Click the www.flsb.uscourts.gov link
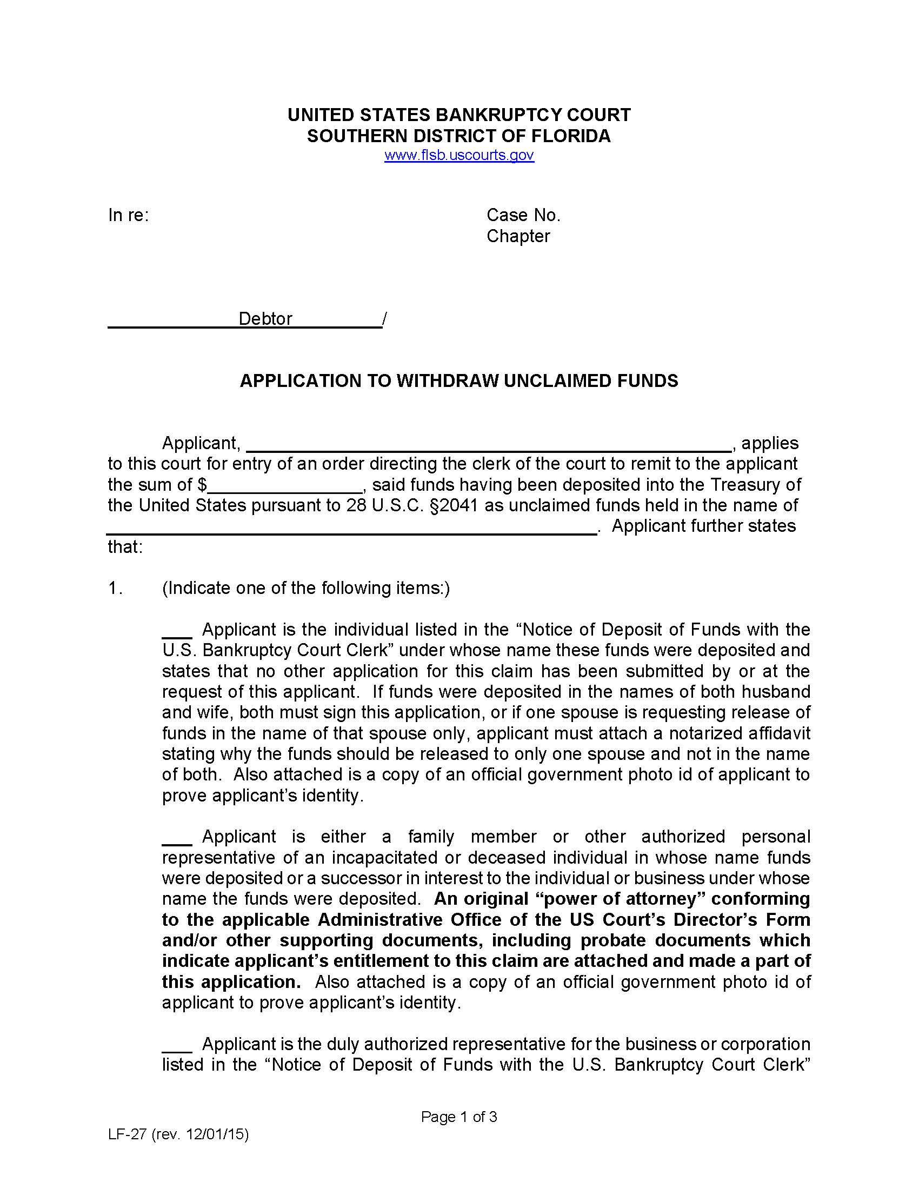pos(459,155)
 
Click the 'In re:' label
pos(128,216)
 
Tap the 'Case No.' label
pos(523,216)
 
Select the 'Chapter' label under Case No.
pos(518,236)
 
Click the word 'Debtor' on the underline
pos(265,319)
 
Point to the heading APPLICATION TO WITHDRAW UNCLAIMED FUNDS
pos(459,380)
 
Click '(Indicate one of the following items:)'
pos(305,589)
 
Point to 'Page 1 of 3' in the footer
pos(458,1118)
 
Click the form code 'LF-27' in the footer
pos(128,1135)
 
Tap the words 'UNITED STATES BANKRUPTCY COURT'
pos(459,115)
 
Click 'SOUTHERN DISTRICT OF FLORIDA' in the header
pos(459,136)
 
